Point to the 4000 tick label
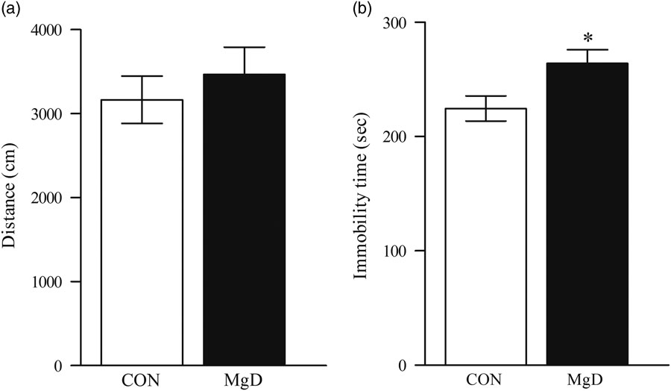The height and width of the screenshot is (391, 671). coord(46,30)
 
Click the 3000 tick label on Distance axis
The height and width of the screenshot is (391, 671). coord(46,114)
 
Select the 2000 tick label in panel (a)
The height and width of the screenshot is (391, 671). coord(46,198)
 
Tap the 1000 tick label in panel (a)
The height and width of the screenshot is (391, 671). coord(46,282)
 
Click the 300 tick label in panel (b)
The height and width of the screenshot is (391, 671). coord(400,22)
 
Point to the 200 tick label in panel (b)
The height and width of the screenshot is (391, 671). coord(400,137)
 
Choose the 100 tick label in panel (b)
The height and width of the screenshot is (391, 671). coord(400,251)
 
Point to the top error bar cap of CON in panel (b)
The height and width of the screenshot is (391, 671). coord(485,96)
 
